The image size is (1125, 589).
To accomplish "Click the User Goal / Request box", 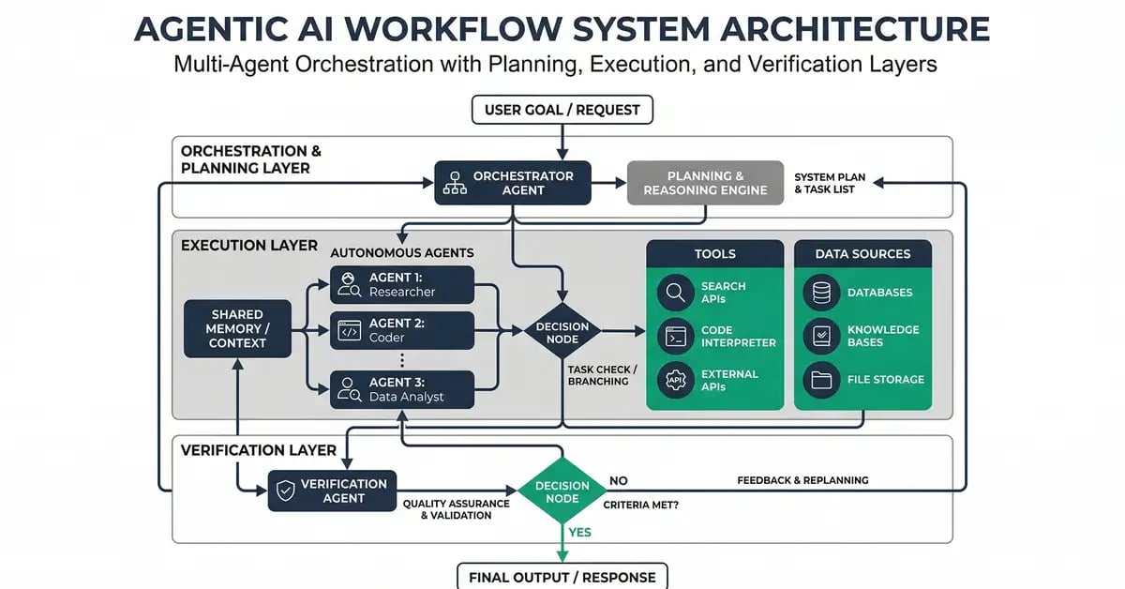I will pos(562,110).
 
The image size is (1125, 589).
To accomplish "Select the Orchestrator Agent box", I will pos(513,183).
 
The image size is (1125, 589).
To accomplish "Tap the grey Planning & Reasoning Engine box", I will pos(705,183).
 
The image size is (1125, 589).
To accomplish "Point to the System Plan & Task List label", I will pos(824,183).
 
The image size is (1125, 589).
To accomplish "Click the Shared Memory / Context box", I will pos(237,328).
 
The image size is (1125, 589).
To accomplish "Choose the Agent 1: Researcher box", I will pos(402,284).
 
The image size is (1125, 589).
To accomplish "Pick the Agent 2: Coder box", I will pos(402,330).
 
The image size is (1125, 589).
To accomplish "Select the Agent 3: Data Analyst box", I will pos(402,389).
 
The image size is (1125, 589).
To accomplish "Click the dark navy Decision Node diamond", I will pos(562,332).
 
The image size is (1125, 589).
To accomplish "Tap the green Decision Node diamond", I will pos(562,491).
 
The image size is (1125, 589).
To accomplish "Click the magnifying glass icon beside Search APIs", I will pos(674,293).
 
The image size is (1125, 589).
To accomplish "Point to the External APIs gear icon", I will pos(674,380).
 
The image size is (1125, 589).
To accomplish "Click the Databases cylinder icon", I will pos(821,293).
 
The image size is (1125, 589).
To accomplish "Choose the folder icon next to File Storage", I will pos(821,380).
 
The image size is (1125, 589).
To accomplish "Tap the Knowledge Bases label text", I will pos(883,336).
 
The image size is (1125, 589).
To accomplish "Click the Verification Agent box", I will pos(332,491).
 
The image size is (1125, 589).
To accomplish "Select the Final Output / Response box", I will pos(562,576).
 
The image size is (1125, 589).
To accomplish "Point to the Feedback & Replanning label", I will pos(802,480).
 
